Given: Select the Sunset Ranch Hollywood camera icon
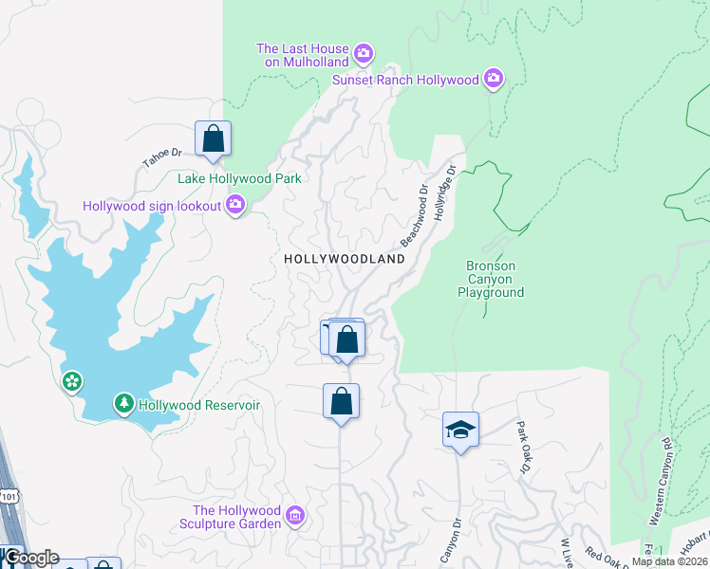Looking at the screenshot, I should point(493,80).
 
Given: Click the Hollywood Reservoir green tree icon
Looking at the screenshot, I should point(123,405).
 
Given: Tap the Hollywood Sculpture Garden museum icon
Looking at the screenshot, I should point(295,516).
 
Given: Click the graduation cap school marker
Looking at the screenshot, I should point(460,431).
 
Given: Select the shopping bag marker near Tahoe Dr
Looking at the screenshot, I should point(214,138).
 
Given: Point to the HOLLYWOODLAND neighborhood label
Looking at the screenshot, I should point(344,259).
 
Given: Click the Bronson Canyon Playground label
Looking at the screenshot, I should point(490,280).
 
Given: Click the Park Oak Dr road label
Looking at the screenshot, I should point(523,447).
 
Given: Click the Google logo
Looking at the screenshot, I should point(30,558).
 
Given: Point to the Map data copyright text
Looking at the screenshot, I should point(670,561).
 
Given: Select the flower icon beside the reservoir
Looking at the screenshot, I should point(72,382).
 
